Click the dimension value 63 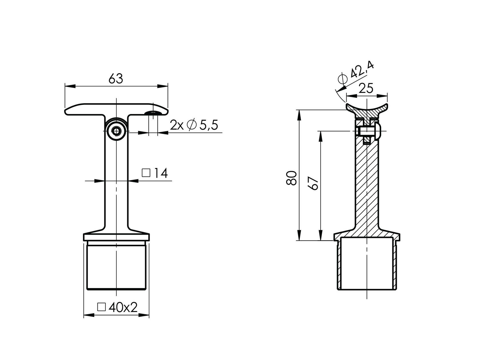point(116,79)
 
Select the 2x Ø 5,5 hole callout point(194,125)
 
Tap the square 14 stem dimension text point(155,173)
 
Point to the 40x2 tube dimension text point(117,307)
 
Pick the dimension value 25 point(366,89)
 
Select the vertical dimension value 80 point(292,178)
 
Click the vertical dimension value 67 point(313,183)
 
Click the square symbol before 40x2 point(101,307)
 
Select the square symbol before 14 point(146,173)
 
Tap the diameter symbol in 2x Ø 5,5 point(191,125)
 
